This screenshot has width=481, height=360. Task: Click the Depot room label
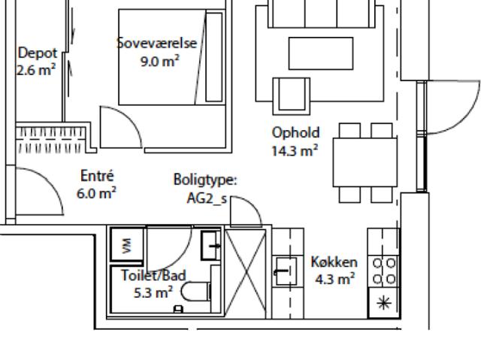(38, 53)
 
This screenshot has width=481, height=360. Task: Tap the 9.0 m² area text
(159, 62)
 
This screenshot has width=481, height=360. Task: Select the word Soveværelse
(157, 43)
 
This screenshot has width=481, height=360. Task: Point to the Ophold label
(295, 133)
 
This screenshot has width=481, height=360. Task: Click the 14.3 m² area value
(295, 150)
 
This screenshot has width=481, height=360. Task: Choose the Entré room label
(97, 176)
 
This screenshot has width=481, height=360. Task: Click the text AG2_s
(207, 198)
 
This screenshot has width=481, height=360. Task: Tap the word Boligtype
(205, 180)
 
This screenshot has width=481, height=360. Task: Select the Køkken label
(334, 262)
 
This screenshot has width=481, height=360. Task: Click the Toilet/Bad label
(153, 275)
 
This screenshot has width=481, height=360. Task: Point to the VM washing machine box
(127, 245)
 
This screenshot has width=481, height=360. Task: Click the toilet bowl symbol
(195, 292)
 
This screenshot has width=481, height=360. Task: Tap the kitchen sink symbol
(286, 271)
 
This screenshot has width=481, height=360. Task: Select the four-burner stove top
(384, 271)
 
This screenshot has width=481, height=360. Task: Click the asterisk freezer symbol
(384, 304)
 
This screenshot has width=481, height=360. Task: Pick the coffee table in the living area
(321, 53)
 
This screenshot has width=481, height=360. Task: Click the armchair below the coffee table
(292, 96)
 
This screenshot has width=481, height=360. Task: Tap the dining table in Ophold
(365, 162)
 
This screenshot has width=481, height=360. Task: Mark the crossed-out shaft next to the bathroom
(246, 273)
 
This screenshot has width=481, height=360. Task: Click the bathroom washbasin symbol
(211, 246)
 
